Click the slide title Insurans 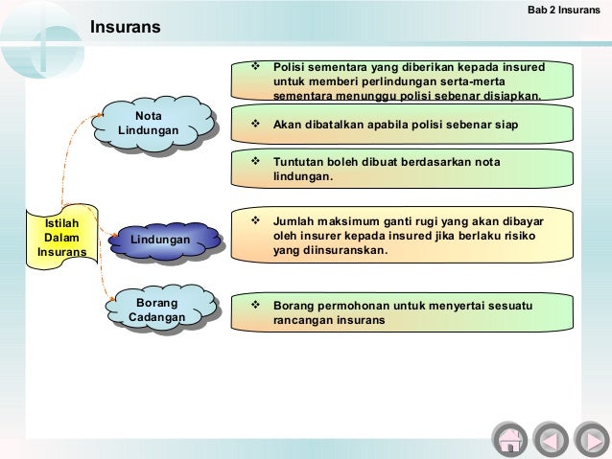[126, 30]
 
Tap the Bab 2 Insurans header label [564, 10]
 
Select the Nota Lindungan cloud [154, 128]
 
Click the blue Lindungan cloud [159, 238]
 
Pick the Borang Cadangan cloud [156, 310]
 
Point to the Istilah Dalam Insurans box [61, 238]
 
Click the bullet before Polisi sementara [256, 68]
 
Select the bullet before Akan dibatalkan [256, 125]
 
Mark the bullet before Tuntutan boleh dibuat [256, 163]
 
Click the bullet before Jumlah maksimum [256, 220]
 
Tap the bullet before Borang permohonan [256, 306]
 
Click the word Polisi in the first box [289, 68]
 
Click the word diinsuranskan [343, 250]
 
